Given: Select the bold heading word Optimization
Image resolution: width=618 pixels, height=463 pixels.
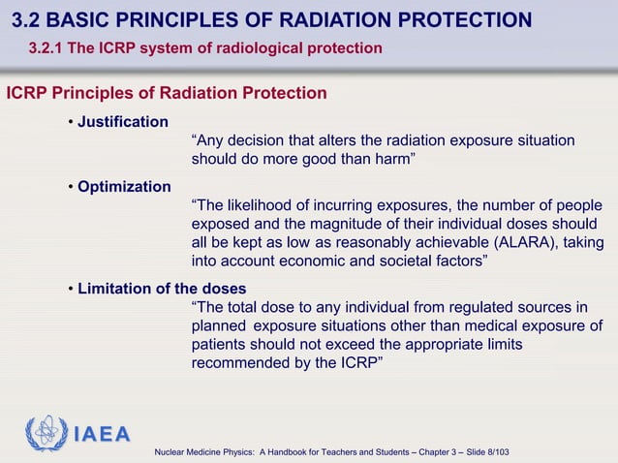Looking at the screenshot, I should coord(124,187).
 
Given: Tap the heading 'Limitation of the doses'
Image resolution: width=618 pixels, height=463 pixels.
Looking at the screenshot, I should coord(162,289).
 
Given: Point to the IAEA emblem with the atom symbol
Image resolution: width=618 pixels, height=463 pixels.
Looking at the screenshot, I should coord(45,434).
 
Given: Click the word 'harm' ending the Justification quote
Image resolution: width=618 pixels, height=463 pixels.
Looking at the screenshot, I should coord(391,159).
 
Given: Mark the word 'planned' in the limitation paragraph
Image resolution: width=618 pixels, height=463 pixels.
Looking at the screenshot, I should coord(218,326).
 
